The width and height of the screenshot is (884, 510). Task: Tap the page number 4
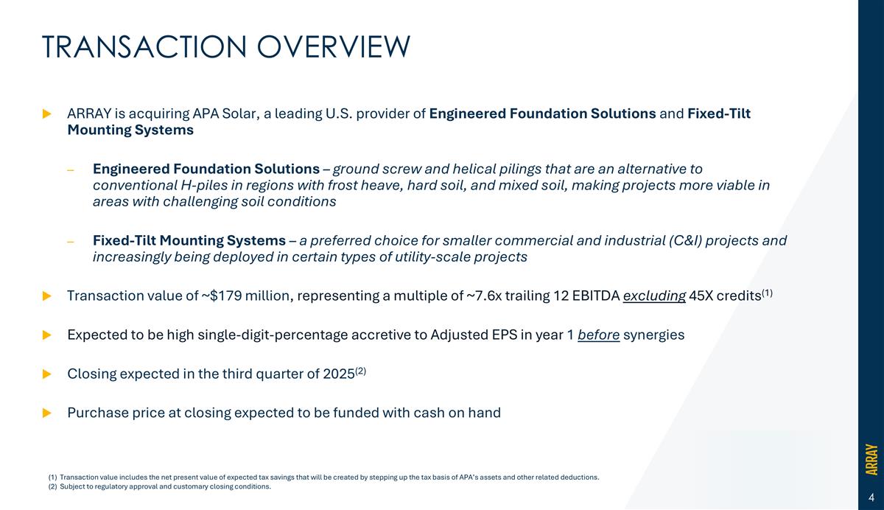[871, 495]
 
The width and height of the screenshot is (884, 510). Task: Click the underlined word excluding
[654, 296]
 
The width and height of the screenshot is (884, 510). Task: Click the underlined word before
[598, 335]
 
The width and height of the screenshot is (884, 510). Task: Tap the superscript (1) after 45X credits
[766, 293]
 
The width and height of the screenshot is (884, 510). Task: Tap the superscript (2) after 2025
[360, 371]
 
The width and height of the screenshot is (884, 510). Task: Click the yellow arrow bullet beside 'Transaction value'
[47, 296]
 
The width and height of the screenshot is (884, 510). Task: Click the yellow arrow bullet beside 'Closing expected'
[47, 374]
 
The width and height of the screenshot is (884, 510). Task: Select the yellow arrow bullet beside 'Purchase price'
[47, 413]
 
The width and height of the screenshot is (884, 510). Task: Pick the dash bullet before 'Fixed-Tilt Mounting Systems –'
[71, 241]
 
